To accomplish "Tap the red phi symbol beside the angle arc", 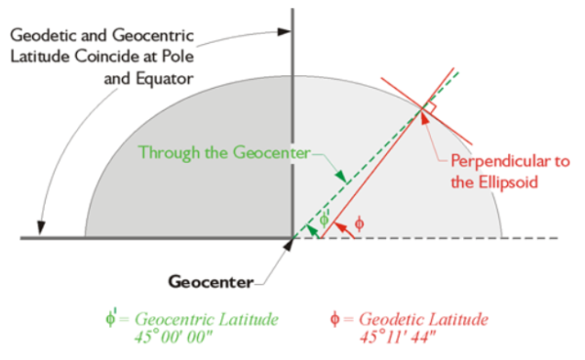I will click(360, 223).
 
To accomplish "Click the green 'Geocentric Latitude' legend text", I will click(206, 320).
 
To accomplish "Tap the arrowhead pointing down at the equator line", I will click(40, 227).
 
